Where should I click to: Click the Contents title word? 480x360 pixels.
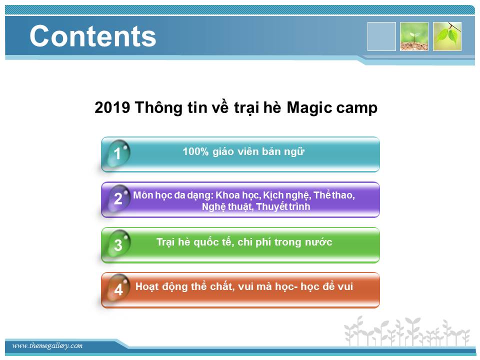pos(93,36)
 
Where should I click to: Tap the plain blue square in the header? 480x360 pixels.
pos(381,36)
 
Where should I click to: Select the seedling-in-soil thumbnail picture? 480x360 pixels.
pos(414,36)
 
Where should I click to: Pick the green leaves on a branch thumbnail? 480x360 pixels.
pos(447,36)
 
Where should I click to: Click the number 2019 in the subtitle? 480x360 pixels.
pos(112,107)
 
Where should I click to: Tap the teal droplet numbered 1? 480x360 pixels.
pos(118,153)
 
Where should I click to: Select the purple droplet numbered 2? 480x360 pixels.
pos(118,198)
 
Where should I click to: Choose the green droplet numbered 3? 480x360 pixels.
pos(118,244)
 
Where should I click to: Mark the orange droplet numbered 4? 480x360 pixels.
pos(118,288)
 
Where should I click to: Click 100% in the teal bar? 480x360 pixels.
pos(195,151)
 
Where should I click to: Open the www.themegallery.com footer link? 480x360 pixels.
pos(47,346)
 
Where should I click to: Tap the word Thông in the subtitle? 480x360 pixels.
pos(158,108)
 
